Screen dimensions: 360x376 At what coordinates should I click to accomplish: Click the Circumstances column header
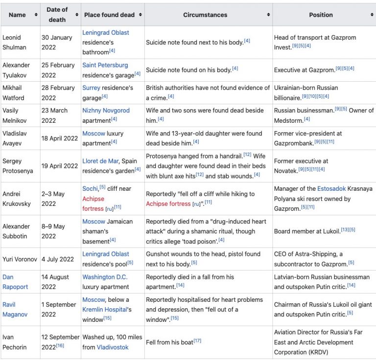pos(205,15)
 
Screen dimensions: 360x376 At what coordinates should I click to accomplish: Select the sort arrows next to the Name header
pos(36,15)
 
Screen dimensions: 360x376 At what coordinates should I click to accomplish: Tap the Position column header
pos(321,15)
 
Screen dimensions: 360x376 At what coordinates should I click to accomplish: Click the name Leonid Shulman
pos(15,42)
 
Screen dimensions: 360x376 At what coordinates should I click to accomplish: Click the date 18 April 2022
pos(59,138)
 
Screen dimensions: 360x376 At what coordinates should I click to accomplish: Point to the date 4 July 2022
pos(57,259)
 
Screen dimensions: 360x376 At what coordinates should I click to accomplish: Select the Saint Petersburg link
pos(105,65)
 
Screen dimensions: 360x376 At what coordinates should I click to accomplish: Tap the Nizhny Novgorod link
pos(106,111)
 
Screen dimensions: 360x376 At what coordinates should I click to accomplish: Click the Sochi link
pos(91,188)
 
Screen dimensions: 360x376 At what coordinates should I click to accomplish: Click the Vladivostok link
pos(113,347)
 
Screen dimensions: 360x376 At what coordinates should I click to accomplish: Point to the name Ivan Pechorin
pos(15,342)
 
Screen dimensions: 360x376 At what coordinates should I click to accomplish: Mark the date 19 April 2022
pos(59,166)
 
